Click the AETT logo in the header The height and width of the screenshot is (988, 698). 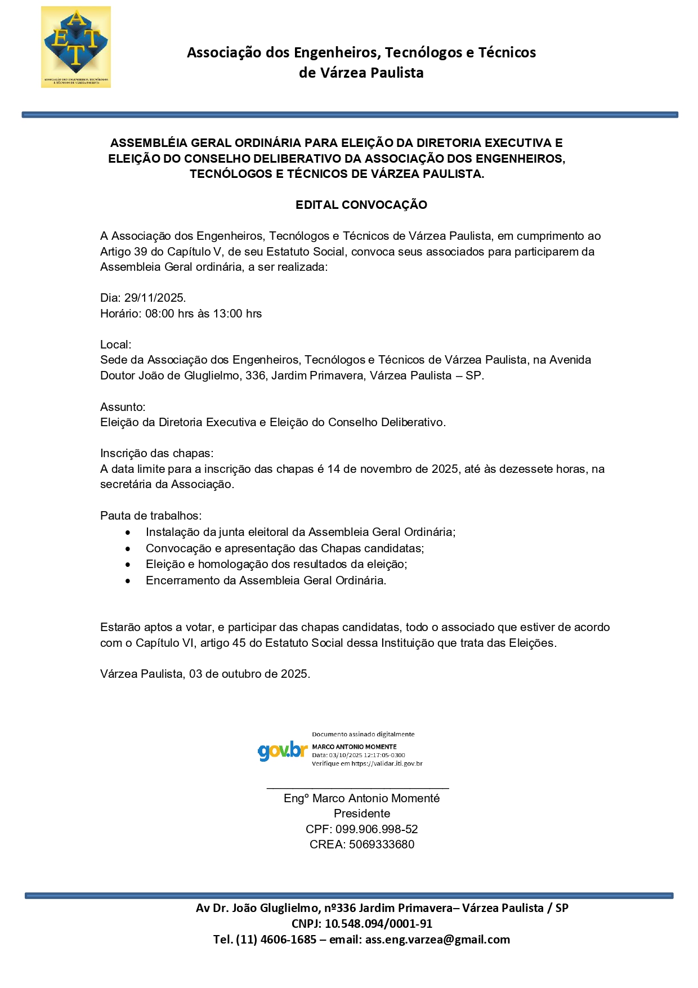(76, 47)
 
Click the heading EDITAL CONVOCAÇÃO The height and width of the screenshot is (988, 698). (361, 205)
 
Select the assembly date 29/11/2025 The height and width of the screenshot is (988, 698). (155, 298)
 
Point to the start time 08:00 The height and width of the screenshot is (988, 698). (160, 314)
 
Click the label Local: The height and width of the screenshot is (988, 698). (115, 345)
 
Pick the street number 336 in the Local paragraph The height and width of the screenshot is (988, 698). (255, 375)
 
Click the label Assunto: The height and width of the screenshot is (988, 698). (123, 407)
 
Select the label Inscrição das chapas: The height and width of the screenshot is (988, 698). (156, 453)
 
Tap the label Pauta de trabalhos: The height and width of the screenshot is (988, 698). (150, 516)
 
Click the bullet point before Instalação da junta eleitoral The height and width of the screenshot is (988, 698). (129, 533)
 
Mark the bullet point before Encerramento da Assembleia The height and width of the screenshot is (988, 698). (129, 581)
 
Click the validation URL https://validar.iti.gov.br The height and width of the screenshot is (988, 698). (387, 764)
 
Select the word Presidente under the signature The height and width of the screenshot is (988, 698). (361, 813)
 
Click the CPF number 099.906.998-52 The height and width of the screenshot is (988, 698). (377, 829)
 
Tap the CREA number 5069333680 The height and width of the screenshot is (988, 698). (381, 844)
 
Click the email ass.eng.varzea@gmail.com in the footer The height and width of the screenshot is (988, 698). (437, 940)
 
